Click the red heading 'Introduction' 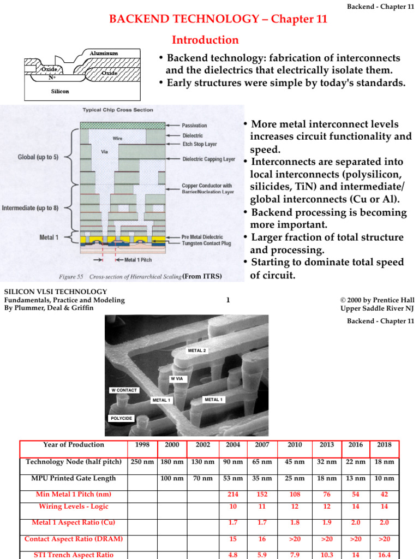tap(205, 40)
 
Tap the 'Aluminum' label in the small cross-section tap(104, 53)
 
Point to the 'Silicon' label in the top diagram tap(60, 91)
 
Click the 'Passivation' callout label tap(195, 126)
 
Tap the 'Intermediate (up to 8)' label tap(31, 208)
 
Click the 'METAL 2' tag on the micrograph tap(196, 350)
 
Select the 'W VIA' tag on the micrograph tap(177, 378)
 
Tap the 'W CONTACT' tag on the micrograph tap(124, 390)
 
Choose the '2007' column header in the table tap(262, 445)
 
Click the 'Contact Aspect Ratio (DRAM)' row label tap(73, 539)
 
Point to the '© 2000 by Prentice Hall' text tap(376, 300)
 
